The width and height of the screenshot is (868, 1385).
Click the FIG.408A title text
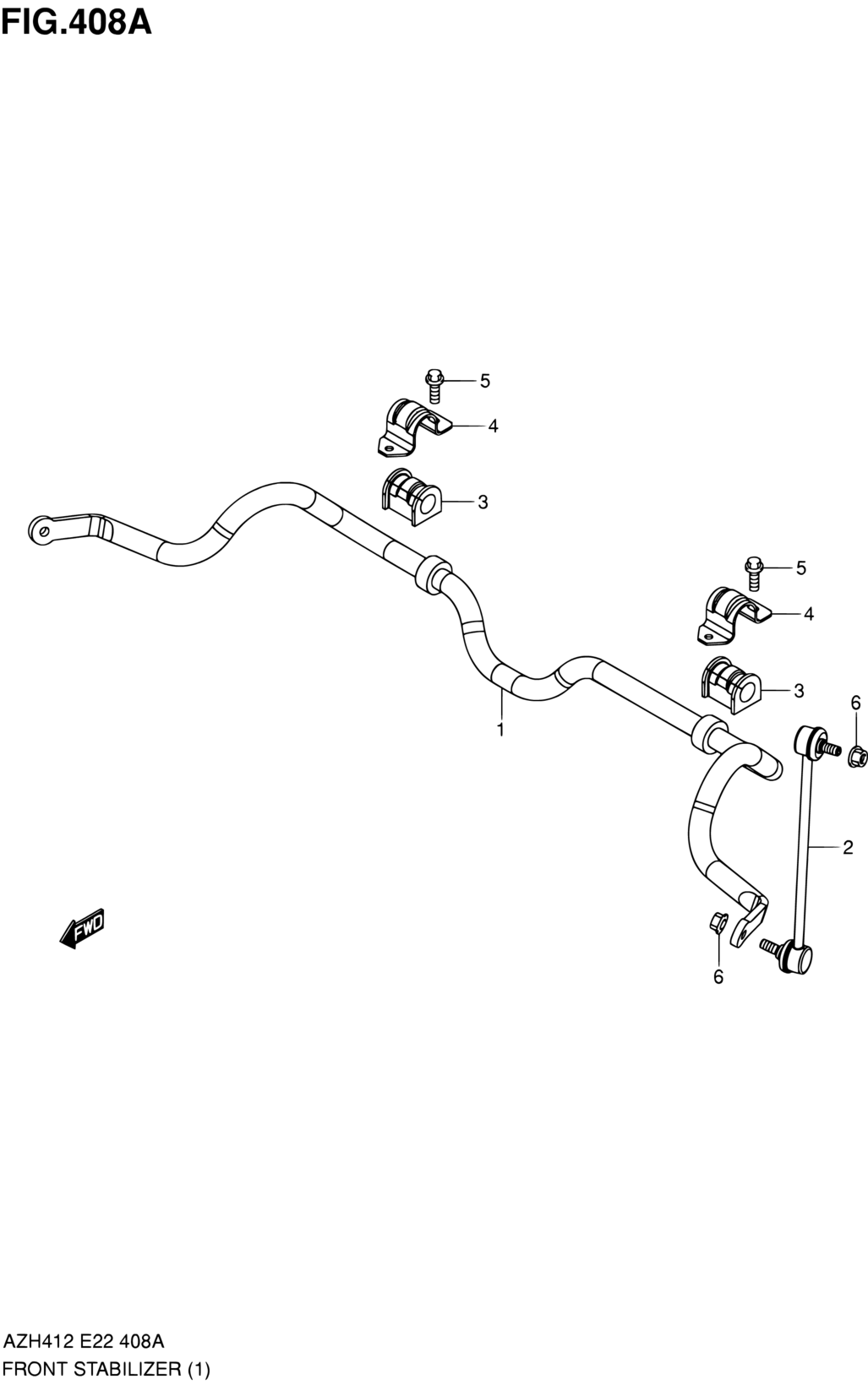[77, 23]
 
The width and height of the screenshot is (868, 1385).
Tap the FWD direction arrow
[82, 928]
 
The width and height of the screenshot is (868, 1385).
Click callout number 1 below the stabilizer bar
[500, 730]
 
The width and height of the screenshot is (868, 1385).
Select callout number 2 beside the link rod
[848, 847]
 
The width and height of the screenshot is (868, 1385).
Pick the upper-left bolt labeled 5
[435, 385]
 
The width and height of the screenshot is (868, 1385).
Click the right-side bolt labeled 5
[754, 573]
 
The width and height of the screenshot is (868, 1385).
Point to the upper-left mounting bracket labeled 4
[413, 428]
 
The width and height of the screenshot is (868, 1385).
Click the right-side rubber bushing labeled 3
[730, 685]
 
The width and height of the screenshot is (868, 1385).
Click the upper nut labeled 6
[858, 756]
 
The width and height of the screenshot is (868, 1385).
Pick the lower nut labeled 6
[718, 922]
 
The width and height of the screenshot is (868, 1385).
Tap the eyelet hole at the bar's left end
[43, 530]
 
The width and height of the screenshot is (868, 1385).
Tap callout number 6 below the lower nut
[718, 977]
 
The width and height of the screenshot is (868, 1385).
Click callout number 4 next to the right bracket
[809, 614]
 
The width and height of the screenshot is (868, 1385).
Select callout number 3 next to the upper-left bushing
[483, 502]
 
